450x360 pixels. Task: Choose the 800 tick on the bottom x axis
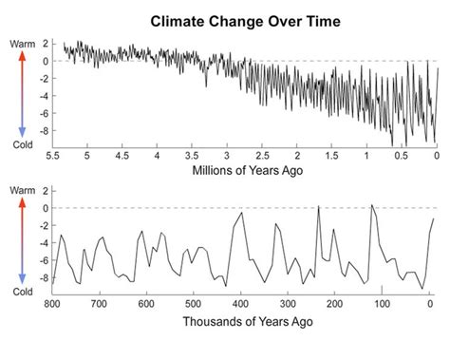pyautogui.click(x=52, y=304)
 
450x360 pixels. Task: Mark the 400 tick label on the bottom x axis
pyautogui.click(x=242, y=304)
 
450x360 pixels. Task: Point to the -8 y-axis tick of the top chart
pyautogui.click(x=45, y=131)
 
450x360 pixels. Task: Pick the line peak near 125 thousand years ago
pyautogui.click(x=372, y=204)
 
